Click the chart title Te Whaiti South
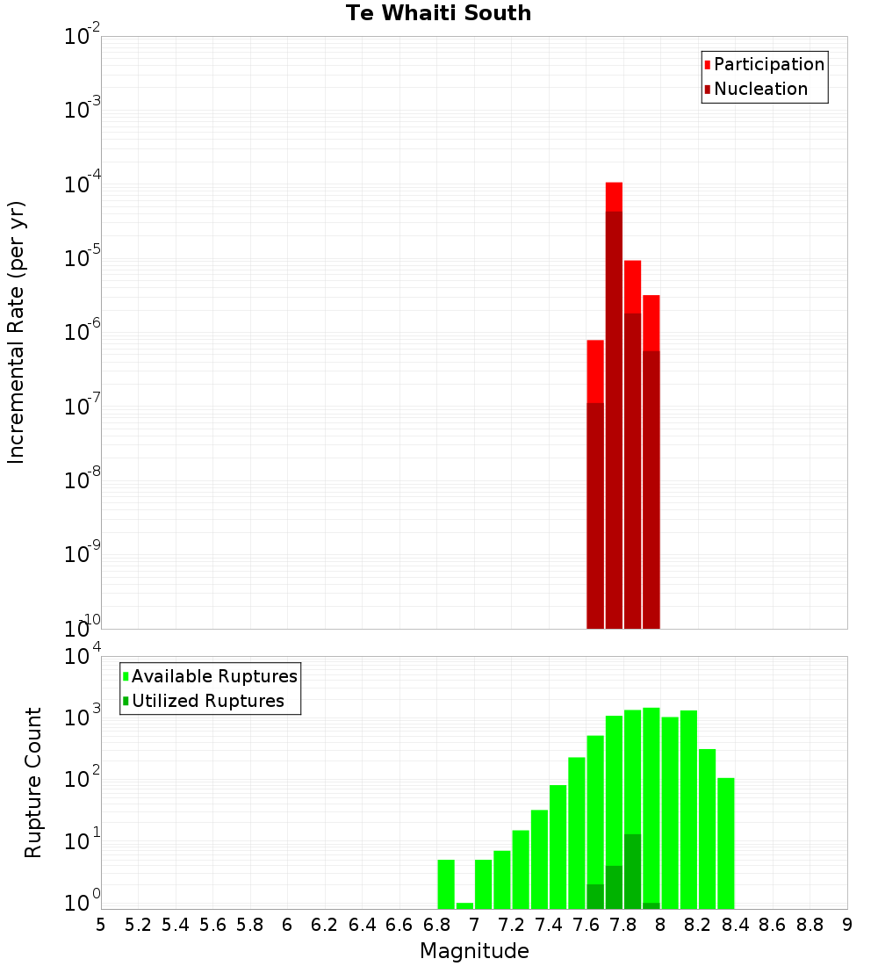[x=438, y=13]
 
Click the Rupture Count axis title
[x=33, y=782]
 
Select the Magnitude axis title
[x=474, y=951]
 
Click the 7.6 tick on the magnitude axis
[x=586, y=925]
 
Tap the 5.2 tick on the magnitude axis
[x=138, y=925]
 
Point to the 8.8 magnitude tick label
[x=810, y=925]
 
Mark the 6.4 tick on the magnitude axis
[x=362, y=925]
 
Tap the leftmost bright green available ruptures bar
[x=446, y=883]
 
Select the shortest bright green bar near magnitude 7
[x=464, y=905]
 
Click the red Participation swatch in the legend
[x=707, y=65]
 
